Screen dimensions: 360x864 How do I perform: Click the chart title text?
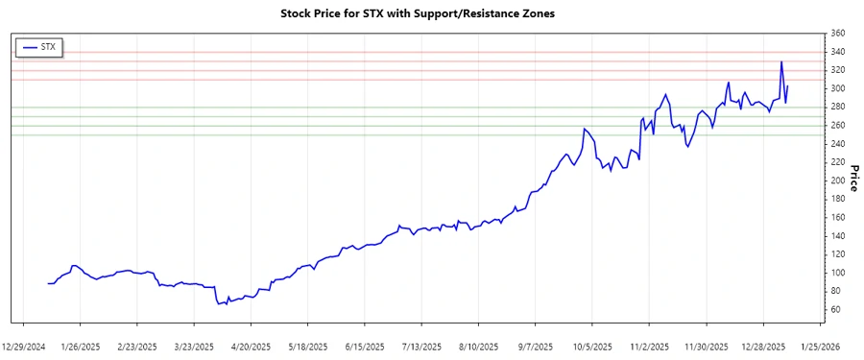tap(417, 13)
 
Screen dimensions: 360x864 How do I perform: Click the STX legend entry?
tap(39, 46)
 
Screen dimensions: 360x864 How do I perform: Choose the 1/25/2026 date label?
tap(818, 346)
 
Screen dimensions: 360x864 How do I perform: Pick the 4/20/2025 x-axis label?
tap(250, 346)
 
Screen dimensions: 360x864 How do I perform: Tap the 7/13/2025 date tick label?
tap(420, 346)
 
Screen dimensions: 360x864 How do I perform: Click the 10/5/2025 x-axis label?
tap(591, 346)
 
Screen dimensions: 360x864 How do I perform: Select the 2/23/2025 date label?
tap(136, 346)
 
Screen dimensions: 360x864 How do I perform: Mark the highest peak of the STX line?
tap(781, 62)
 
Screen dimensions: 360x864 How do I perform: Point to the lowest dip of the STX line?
tap(218, 304)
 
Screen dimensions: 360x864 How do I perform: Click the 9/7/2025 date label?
tap(535, 346)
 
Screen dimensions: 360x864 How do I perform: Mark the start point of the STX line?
tap(48, 283)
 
